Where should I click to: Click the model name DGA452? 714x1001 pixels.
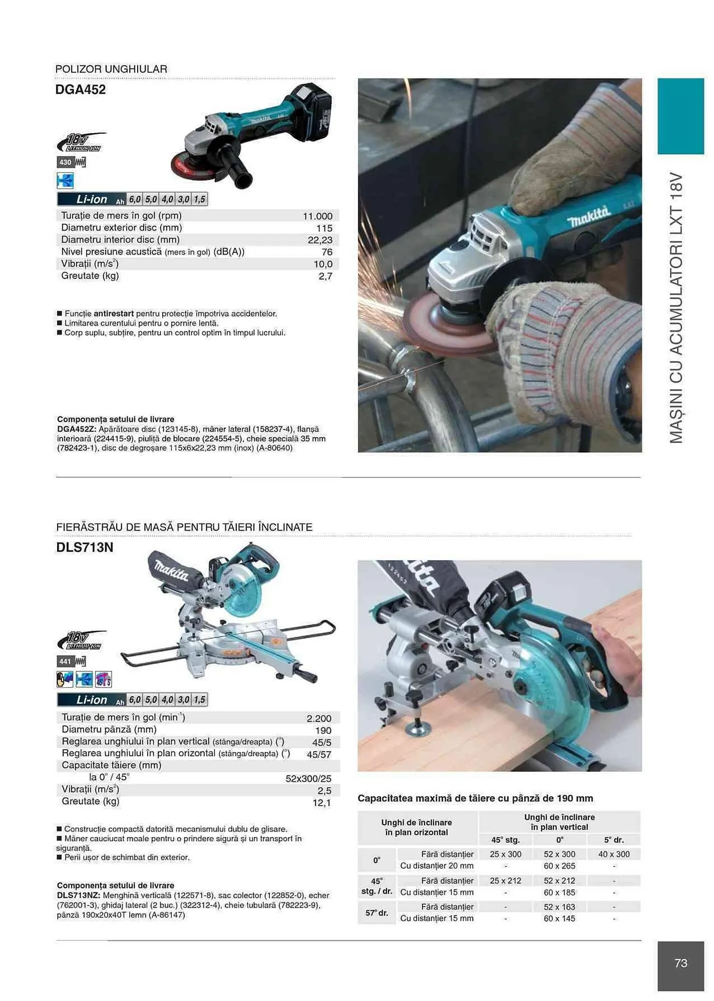(80, 90)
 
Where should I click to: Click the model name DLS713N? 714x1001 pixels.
(85, 547)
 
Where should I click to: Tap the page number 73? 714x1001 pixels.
(680, 963)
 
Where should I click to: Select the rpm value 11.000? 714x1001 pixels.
(317, 216)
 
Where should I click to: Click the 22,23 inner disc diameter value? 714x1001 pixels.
(320, 240)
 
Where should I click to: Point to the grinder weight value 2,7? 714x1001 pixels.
(325, 276)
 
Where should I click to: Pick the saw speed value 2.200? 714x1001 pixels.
(319, 718)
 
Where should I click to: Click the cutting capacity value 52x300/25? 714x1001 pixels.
(308, 778)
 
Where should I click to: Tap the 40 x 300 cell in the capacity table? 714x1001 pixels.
(614, 854)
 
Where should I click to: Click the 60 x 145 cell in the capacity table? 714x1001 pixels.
(559, 918)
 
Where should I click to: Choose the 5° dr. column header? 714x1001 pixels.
(614, 840)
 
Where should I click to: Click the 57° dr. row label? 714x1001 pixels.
(377, 913)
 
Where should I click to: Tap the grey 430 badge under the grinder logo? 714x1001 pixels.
(66, 162)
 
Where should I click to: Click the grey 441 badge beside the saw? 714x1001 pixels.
(66, 662)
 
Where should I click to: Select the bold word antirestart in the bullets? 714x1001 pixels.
(114, 314)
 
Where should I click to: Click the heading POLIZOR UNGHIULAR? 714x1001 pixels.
(111, 69)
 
